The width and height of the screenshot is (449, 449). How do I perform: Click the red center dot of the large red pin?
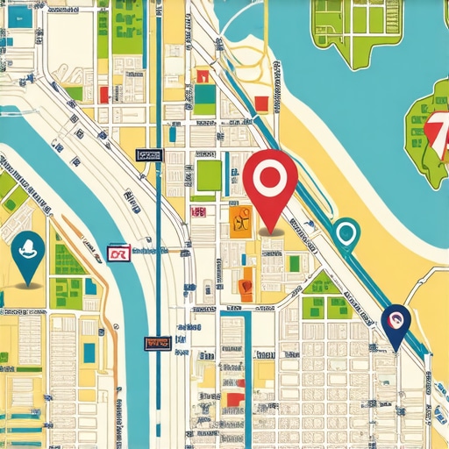click(x=266, y=176)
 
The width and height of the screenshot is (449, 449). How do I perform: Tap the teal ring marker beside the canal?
click(x=346, y=233)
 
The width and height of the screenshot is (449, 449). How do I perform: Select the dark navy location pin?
click(x=396, y=324)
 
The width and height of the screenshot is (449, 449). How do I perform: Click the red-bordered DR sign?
click(x=118, y=253)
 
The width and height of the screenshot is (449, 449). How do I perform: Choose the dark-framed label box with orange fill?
click(x=159, y=342)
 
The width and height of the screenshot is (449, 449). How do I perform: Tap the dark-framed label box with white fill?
click(x=149, y=155)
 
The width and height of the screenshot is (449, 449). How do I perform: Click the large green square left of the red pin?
click(x=209, y=175)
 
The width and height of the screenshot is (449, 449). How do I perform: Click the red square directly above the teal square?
click(x=203, y=76)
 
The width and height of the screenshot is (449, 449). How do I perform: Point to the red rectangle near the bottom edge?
click(x=232, y=400)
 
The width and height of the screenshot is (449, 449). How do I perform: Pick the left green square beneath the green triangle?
click(x=314, y=307)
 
